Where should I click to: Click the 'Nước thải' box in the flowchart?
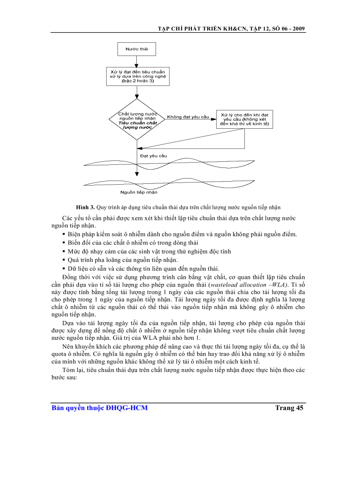(x=137, y=48)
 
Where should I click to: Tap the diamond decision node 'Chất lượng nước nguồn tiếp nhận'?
(x=137, y=119)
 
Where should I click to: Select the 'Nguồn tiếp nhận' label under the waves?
(x=139, y=192)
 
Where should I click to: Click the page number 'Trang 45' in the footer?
(x=289, y=408)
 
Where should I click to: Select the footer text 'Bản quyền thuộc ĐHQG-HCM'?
(x=100, y=408)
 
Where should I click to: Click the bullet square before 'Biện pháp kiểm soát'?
(x=64, y=234)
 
